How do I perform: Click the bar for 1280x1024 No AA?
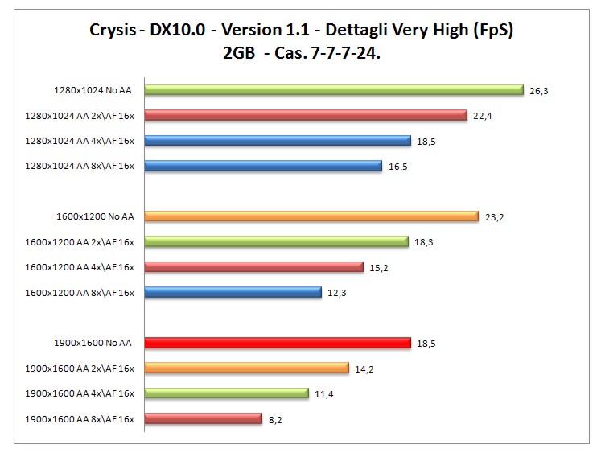(x=334, y=90)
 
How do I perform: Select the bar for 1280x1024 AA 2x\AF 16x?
(x=306, y=115)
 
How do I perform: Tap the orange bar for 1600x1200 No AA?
(x=311, y=216)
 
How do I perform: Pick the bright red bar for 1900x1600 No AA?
(x=278, y=343)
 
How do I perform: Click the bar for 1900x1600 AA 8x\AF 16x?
(x=204, y=418)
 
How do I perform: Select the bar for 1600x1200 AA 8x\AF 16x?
(x=233, y=292)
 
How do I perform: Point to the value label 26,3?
(x=539, y=91)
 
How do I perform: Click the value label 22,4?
(x=483, y=116)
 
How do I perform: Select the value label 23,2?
(x=494, y=217)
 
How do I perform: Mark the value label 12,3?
(x=337, y=293)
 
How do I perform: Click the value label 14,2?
(x=364, y=369)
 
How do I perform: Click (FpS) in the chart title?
(x=490, y=31)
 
